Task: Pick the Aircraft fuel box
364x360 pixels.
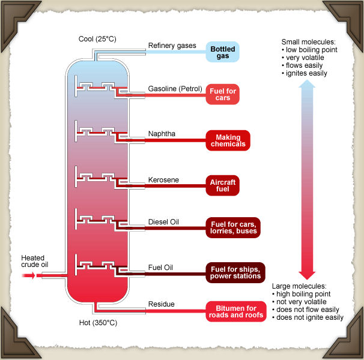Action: [223, 185]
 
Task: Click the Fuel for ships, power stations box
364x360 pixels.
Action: [235, 272]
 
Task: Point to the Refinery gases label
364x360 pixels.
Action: [172, 46]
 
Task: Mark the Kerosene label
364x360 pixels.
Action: [163, 180]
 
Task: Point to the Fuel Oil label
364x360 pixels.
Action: [161, 267]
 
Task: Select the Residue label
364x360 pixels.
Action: [162, 304]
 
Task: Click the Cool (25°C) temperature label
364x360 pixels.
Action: [97, 40]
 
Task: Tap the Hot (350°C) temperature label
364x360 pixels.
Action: [98, 323]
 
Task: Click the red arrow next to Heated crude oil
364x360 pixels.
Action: [28, 275]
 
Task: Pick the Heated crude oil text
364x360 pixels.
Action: [34, 261]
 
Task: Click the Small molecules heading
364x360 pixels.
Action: [309, 41]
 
